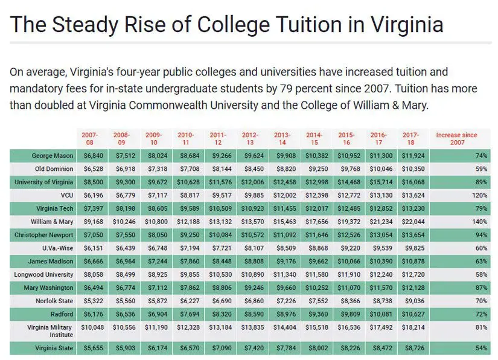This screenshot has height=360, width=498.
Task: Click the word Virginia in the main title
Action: click(x=407, y=25)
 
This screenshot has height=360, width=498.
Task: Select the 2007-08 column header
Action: click(x=90, y=139)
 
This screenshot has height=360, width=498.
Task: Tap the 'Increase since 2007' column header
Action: click(x=457, y=139)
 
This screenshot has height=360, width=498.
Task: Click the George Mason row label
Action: click(x=53, y=156)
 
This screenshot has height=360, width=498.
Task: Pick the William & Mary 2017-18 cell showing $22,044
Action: click(x=413, y=222)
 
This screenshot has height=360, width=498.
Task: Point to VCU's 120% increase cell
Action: click(x=479, y=196)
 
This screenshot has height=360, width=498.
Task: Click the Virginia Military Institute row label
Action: click(x=50, y=331)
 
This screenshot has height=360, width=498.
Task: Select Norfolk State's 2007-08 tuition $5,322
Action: click(x=94, y=301)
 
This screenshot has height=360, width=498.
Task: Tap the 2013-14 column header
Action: click(x=283, y=139)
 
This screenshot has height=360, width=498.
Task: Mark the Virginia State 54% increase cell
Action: click(x=482, y=349)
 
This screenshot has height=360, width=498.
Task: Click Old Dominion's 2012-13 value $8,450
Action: click(x=254, y=169)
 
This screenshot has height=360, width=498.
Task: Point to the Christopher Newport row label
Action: click(x=44, y=235)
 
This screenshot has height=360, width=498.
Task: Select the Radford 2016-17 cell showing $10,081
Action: click(x=381, y=314)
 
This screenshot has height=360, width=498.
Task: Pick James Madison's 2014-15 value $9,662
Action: click(x=318, y=262)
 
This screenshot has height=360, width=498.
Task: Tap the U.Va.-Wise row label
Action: click(x=58, y=248)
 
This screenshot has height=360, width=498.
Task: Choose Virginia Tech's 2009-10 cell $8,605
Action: click(x=158, y=209)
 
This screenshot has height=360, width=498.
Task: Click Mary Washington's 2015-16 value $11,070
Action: click(x=349, y=288)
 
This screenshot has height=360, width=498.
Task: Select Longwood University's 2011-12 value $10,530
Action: click(x=220, y=274)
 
